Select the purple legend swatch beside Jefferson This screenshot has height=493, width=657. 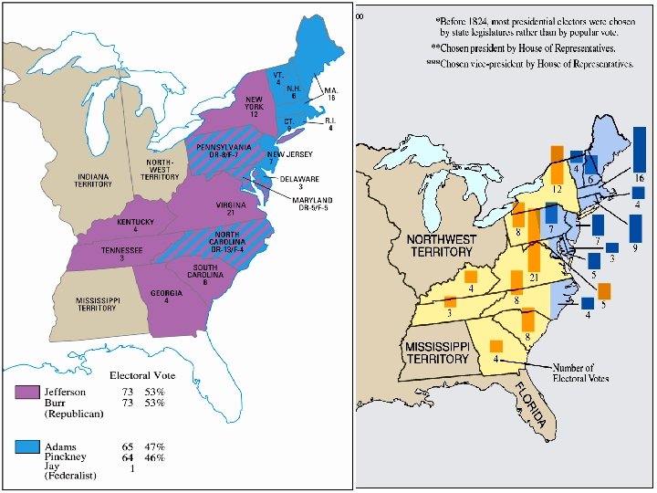26,393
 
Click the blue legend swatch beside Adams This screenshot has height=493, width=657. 26,446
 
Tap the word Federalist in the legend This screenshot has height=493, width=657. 71,477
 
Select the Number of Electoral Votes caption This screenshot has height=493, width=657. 584,372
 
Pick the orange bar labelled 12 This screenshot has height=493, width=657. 555,169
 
